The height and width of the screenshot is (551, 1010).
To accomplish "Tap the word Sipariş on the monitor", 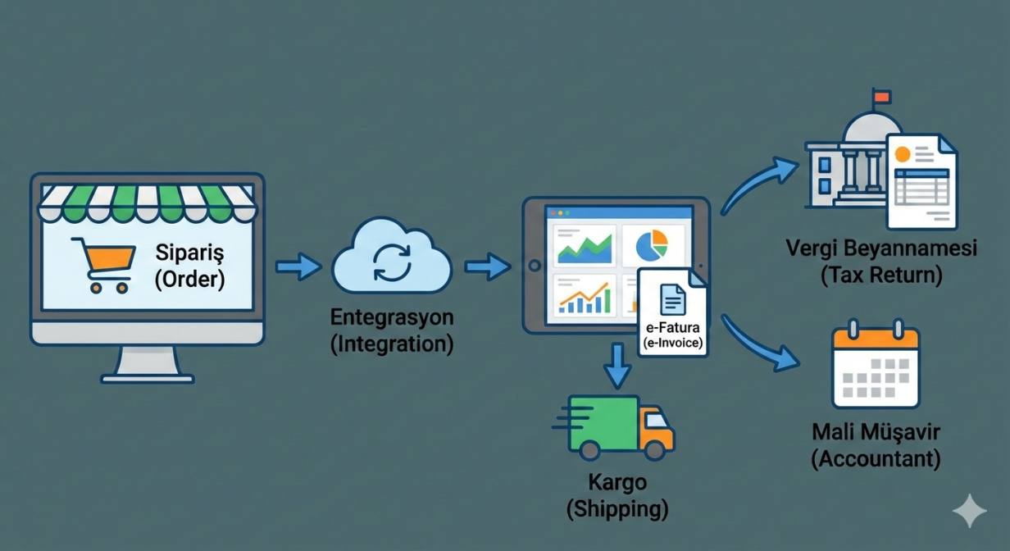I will [x=189, y=252].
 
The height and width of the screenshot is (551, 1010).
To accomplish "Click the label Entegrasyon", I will [x=392, y=317].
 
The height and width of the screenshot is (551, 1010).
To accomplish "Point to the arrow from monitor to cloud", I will [x=298, y=266].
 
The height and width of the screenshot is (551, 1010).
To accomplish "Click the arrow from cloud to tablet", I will [x=487, y=266].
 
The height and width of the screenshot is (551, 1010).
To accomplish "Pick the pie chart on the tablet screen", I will [x=652, y=244].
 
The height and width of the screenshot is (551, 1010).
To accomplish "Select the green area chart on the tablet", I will [x=585, y=244].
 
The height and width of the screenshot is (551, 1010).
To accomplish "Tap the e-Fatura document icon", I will [x=673, y=300].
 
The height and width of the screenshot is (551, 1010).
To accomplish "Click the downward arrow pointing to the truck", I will [x=617, y=366].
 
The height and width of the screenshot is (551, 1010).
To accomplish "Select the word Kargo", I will [x=617, y=482].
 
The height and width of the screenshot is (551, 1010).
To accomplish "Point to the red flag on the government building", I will [x=881, y=97].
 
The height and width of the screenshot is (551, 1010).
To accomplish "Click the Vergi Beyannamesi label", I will [x=881, y=248].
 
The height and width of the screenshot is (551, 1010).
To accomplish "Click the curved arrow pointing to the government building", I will [x=758, y=185].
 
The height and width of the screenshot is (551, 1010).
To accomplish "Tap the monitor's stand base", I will [x=148, y=377].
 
